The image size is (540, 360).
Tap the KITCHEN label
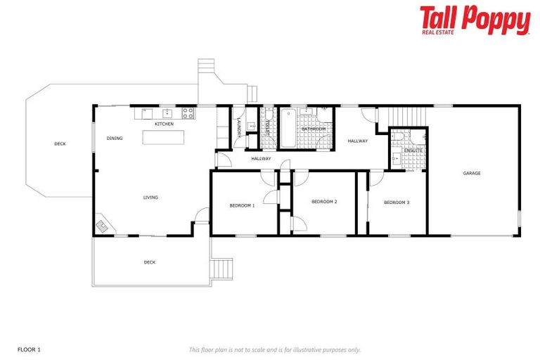coord(164,124)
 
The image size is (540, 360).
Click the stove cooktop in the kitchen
coord(188,112)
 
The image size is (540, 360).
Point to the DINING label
coord(115,139)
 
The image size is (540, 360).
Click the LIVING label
coord(150,198)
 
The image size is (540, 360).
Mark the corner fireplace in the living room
coord(103,226)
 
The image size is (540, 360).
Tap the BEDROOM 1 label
coord(242,205)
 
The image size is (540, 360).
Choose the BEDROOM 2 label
coord(324,202)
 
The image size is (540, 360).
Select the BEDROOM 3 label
coord(397,202)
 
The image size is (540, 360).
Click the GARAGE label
coord(472,173)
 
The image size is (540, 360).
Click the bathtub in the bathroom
coord(288,128)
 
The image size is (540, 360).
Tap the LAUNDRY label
coord(240,128)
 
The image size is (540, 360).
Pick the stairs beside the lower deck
coord(222,269)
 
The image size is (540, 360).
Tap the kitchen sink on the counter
coord(168,112)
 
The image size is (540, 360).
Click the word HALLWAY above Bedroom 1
coord(262,159)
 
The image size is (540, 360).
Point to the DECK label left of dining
coord(60,144)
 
